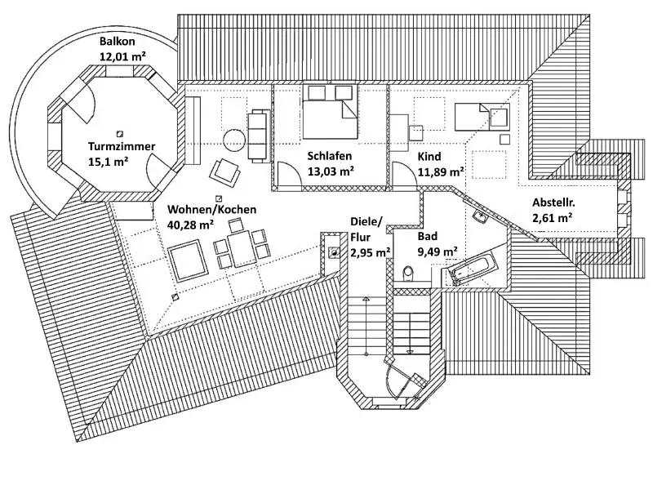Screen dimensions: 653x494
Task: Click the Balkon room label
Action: (x=117, y=41)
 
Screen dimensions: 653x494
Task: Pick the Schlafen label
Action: (x=330, y=156)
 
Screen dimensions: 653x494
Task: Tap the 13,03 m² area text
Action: (x=331, y=171)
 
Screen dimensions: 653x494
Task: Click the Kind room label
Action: (x=429, y=156)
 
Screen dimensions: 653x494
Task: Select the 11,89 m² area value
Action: (x=441, y=171)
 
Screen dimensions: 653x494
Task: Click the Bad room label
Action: (x=427, y=237)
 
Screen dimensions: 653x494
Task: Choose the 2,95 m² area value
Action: (x=369, y=252)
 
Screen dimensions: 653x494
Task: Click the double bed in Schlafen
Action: (x=330, y=111)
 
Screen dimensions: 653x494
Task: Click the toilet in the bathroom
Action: (x=408, y=273)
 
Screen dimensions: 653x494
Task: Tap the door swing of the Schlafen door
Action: (x=287, y=173)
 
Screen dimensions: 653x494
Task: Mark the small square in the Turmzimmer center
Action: (x=120, y=133)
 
